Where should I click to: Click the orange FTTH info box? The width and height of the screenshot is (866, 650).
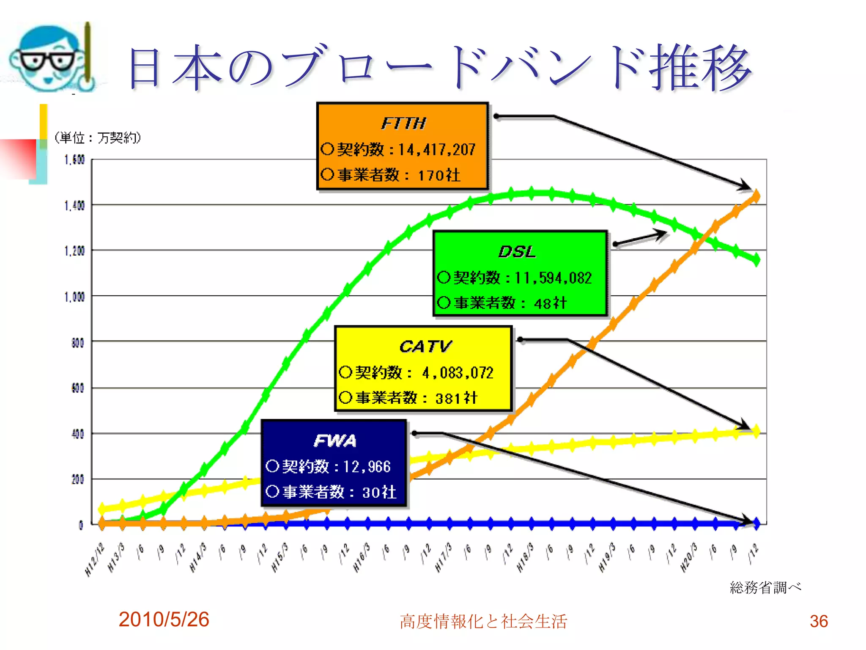(x=402, y=146)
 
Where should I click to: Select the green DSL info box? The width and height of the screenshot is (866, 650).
(x=520, y=273)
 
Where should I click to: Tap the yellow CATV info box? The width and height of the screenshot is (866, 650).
(x=423, y=368)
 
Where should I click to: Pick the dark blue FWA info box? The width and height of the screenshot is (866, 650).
(x=334, y=463)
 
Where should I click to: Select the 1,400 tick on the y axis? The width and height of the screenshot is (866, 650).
(x=74, y=206)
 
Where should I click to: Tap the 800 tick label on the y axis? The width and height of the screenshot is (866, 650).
(x=77, y=342)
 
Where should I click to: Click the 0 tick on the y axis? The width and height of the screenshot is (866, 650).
(x=81, y=525)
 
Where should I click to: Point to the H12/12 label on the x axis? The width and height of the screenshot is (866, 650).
(x=95, y=559)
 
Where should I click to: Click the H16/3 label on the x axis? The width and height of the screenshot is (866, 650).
(x=362, y=558)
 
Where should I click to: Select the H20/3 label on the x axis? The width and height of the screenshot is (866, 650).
(x=689, y=558)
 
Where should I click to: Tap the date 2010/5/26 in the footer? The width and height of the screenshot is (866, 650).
(x=164, y=620)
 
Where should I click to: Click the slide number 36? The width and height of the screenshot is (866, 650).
(x=819, y=621)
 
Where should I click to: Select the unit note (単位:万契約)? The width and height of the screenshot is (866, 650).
(x=97, y=138)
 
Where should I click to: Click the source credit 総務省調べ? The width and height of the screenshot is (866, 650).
(x=765, y=587)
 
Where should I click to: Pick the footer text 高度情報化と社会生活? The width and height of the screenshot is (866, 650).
(x=483, y=621)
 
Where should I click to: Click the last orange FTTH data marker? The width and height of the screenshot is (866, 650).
(x=756, y=196)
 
